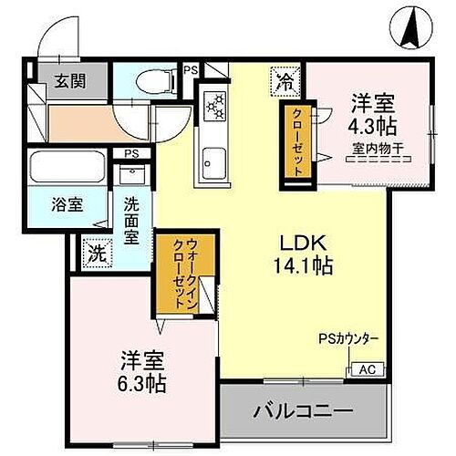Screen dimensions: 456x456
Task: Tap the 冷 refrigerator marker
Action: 284,82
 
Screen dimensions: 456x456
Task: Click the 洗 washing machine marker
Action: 95,253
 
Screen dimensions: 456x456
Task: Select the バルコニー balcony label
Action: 308,411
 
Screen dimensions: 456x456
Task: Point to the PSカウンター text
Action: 347,341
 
